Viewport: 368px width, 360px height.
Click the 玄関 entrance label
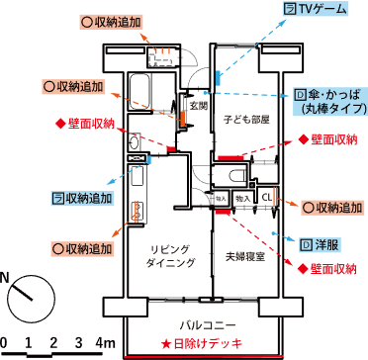(200, 105)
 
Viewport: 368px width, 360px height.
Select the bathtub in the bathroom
(138, 91)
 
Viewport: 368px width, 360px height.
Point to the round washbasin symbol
(133, 143)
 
